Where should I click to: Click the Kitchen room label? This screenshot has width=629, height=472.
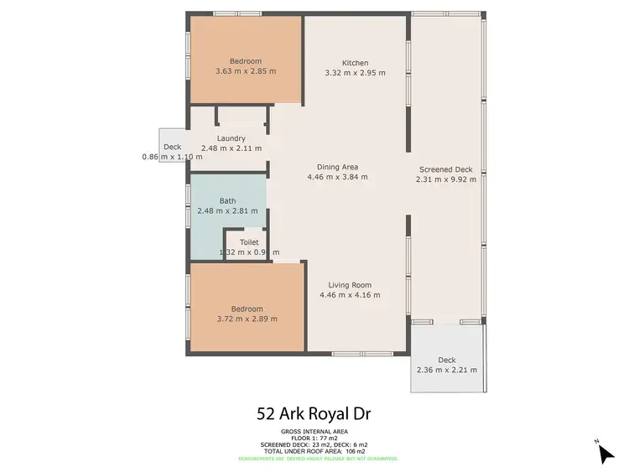[355, 63]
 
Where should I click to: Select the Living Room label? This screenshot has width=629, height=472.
[350, 284]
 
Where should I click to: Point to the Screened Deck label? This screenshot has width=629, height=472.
[445, 169]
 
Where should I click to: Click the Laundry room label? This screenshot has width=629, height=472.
[231, 138]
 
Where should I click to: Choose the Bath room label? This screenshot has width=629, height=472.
[227, 200]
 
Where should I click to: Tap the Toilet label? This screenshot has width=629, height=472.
[249, 242]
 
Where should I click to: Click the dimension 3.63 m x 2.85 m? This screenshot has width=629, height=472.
[246, 72]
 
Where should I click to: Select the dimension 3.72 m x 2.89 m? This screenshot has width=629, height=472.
[246, 319]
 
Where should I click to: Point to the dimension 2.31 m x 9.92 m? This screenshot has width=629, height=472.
[445, 179]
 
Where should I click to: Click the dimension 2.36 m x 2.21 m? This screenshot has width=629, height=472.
[446, 370]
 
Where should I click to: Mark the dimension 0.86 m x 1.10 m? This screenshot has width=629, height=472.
[173, 157]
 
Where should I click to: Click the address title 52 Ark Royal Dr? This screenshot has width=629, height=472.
[314, 413]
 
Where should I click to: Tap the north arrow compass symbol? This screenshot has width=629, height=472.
[606, 453]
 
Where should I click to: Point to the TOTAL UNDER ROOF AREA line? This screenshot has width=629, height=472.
[314, 451]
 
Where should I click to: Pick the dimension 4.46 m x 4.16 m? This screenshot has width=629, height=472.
[350, 295]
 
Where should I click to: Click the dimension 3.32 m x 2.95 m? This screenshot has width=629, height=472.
[355, 73]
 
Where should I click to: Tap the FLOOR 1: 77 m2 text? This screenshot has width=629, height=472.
[314, 437]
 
